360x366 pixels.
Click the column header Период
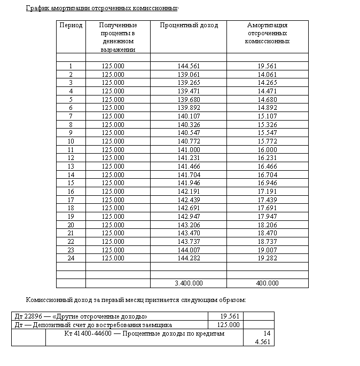point(71,25)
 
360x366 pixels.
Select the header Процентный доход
point(189,25)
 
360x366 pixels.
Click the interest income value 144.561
point(189,66)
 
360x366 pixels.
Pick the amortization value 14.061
point(267,75)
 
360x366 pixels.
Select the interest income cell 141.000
point(189,150)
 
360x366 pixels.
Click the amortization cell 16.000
point(267,150)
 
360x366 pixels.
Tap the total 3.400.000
point(189,283)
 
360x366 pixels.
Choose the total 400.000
point(267,283)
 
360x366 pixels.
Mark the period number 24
point(71,258)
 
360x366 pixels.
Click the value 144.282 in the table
point(189,258)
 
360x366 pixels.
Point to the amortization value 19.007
point(267,250)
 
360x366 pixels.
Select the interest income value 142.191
point(189,192)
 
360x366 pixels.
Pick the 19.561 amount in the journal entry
point(230,316)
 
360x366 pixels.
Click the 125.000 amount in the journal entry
point(229,325)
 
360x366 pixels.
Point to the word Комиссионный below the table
point(51,299)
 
